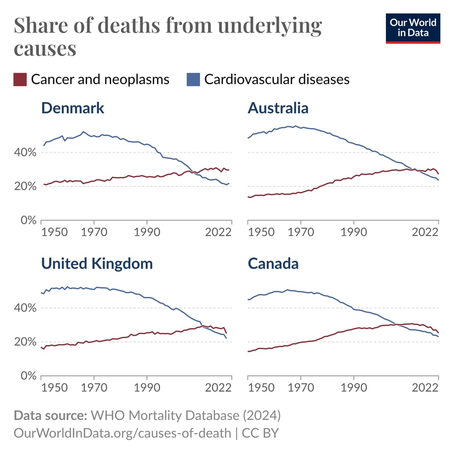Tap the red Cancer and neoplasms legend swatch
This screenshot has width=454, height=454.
(20, 79)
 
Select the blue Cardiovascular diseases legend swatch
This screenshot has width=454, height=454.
(193, 79)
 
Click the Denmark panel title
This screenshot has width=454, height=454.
(73, 108)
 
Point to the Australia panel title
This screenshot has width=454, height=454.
(278, 108)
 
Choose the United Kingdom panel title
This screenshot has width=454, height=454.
(97, 264)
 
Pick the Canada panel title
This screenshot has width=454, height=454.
(273, 264)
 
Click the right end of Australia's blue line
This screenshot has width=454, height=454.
(438, 180)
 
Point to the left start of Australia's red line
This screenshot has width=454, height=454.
(248, 197)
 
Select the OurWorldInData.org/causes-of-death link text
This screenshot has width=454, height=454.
(123, 433)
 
